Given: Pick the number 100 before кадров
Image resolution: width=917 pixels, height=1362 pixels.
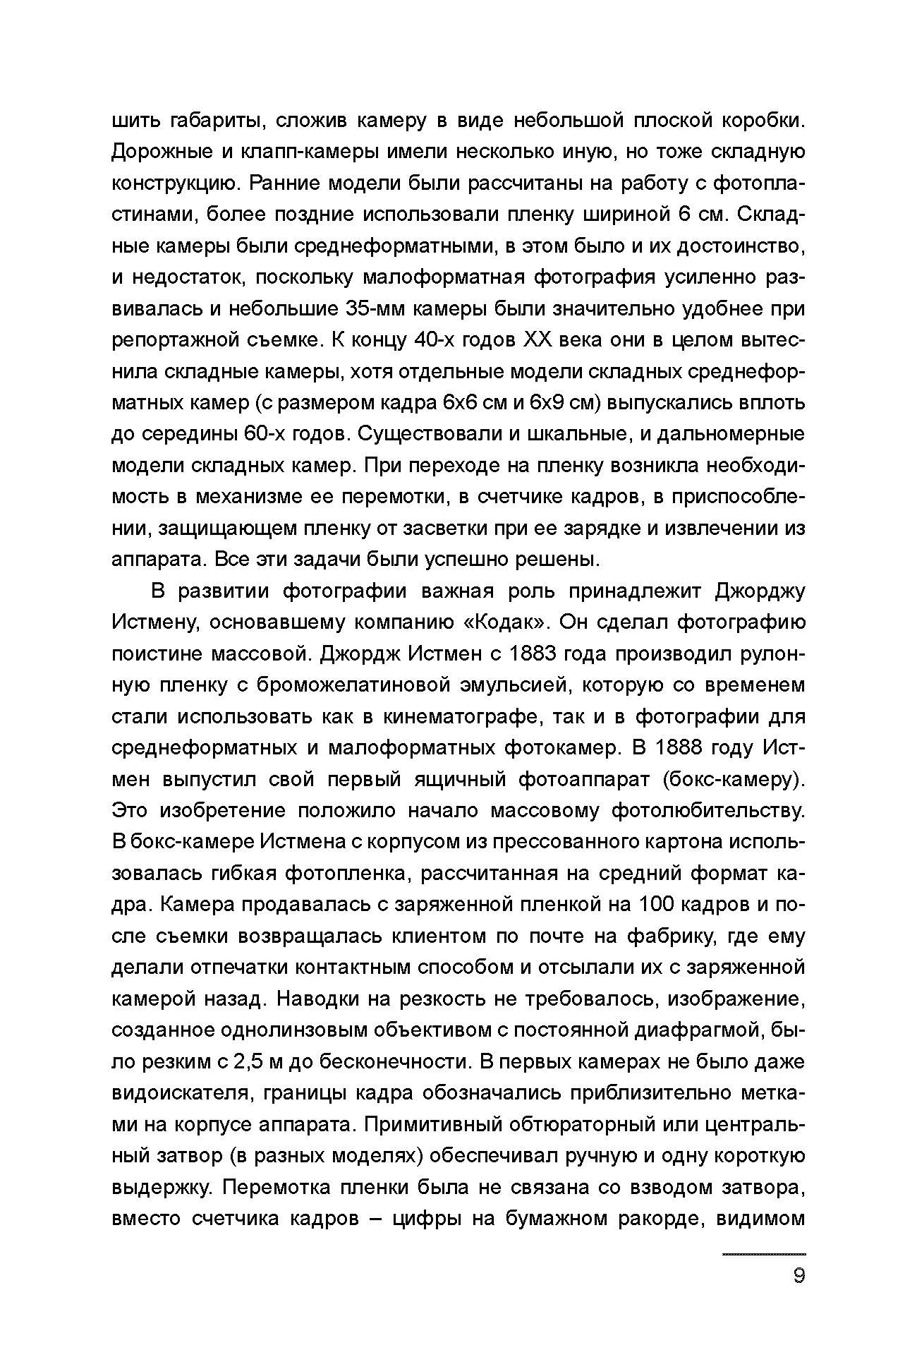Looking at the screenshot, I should (660, 904).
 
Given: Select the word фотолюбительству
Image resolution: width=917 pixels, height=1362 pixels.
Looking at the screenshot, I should (708, 810).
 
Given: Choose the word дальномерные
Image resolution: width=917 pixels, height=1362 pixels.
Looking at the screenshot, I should (731, 434).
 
